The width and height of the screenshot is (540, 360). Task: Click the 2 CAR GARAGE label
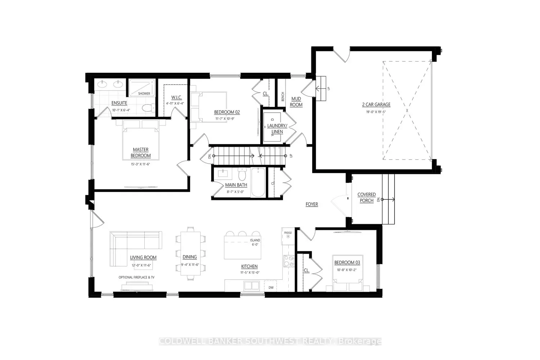click(x=376, y=104)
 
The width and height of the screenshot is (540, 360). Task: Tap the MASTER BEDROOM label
click(x=140, y=153)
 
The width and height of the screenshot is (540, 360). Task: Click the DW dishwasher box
click(x=271, y=287)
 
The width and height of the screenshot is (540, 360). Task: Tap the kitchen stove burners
click(x=289, y=261)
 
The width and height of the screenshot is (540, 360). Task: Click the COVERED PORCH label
click(x=366, y=197)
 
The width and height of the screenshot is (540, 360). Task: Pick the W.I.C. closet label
click(x=176, y=98)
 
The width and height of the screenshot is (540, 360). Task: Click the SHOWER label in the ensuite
click(x=144, y=94)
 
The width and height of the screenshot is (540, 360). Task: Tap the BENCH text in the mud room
click(x=283, y=96)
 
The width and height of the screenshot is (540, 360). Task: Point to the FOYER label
click(x=312, y=204)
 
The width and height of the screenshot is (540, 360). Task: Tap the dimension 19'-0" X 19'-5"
click(x=376, y=112)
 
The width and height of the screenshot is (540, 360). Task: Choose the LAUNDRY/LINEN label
click(x=277, y=129)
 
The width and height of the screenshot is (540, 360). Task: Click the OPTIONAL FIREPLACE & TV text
click(x=137, y=277)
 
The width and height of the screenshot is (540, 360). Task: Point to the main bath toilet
click(x=242, y=175)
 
